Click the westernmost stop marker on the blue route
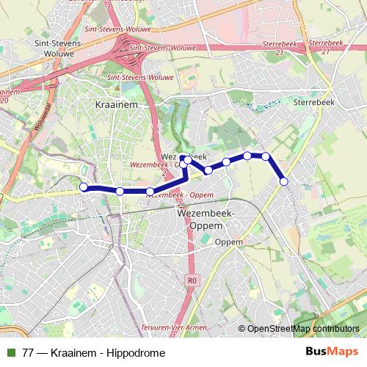click(84, 188)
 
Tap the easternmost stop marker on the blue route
click(284, 181)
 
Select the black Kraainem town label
click(112, 106)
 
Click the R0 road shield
click(192, 280)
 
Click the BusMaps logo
click(332, 352)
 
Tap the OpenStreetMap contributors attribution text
click(302, 329)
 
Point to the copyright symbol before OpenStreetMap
click(242, 329)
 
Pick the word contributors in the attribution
click(336, 329)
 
